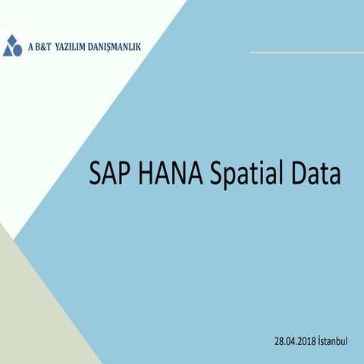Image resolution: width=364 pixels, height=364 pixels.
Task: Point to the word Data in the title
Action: pos(314,175)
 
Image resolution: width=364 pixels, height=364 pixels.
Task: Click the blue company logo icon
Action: pos(13,45)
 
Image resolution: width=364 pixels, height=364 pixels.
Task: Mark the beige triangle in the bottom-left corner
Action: pos(30,318)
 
